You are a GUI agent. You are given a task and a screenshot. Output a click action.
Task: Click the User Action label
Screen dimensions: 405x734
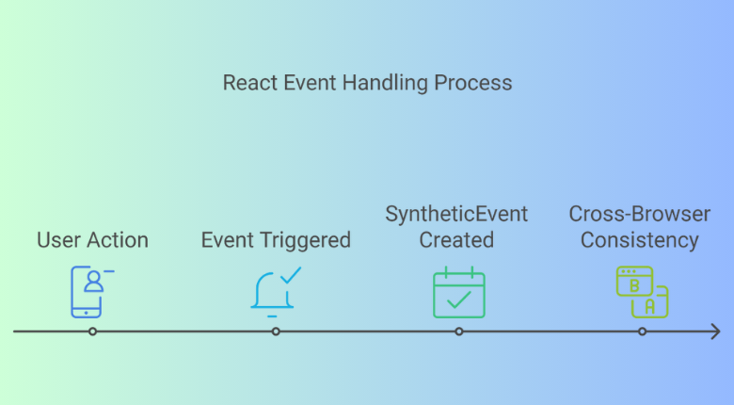coord(92,240)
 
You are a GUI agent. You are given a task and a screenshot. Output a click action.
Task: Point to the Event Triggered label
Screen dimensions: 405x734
coord(276,240)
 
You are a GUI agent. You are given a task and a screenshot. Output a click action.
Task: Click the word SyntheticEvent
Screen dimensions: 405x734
coord(456,215)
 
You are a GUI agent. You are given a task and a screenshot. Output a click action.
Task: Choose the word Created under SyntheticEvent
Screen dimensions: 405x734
coord(456,240)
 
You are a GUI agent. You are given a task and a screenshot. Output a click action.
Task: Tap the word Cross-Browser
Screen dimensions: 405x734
coord(640,215)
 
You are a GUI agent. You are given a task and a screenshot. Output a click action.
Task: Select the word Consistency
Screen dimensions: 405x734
coord(640,240)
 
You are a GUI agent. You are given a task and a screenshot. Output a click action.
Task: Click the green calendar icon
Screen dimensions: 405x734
coord(458,293)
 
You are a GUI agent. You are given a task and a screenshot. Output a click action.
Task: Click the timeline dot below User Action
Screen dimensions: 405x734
coord(92,332)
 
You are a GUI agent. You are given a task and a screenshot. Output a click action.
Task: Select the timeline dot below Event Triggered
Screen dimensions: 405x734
coord(276,332)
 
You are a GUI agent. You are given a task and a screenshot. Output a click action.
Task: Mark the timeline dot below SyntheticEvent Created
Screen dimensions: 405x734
coord(459,332)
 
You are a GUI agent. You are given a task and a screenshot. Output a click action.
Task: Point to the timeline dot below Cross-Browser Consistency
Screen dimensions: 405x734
coord(643,332)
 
